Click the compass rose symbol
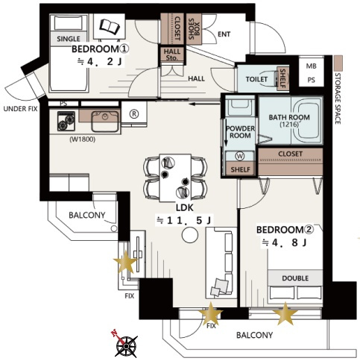pos(126,345)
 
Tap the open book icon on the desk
pos(110,26)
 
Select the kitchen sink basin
pos(105,122)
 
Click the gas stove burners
pos(66,121)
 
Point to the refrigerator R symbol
pos(134,114)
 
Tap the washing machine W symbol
pos(240,157)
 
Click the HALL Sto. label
pos(172,54)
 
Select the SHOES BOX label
pos(194,29)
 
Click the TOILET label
pos(256,79)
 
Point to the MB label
pos(311,66)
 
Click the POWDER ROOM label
pos(240,132)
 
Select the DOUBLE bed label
pos(295,278)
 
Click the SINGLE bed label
pos(69,39)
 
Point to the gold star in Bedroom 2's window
pos(285,314)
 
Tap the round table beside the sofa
pos(190,235)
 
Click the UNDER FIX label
pos(20,109)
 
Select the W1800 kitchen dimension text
pos(83,139)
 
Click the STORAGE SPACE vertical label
pos(338,98)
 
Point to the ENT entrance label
pos(224,34)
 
